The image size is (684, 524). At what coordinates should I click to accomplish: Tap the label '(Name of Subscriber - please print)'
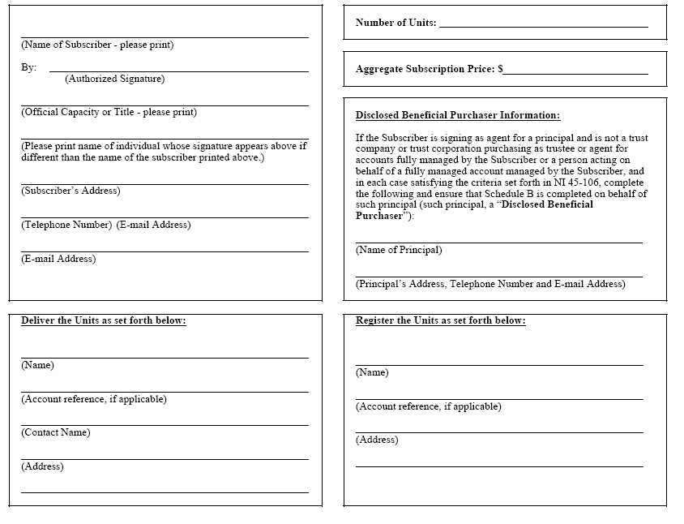tap(97, 45)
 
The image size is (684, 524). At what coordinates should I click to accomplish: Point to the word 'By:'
tap(29, 68)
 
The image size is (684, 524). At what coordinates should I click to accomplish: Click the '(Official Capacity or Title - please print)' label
tap(109, 113)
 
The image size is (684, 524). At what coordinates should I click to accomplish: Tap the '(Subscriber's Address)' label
tap(71, 191)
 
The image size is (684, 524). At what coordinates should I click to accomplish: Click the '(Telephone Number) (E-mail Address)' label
tap(106, 225)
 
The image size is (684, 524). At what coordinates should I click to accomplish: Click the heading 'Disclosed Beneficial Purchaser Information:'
tap(457, 116)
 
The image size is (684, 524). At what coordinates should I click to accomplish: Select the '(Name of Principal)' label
tap(399, 251)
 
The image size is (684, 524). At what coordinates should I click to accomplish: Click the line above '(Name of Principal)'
tap(498, 242)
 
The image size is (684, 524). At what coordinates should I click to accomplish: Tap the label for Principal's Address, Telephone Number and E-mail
tap(490, 285)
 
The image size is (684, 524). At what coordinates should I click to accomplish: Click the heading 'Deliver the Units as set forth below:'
tap(104, 321)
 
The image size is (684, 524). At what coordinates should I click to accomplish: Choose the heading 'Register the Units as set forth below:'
tap(440, 321)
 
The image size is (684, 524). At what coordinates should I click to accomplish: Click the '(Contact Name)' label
tap(56, 433)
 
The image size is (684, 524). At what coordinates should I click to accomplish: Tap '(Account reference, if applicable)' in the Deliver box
tap(94, 399)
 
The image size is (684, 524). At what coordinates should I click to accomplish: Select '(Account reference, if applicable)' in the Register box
tap(429, 406)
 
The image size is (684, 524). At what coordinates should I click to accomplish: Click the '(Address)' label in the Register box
tap(377, 440)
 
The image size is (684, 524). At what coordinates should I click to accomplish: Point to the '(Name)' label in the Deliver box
tap(37, 365)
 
